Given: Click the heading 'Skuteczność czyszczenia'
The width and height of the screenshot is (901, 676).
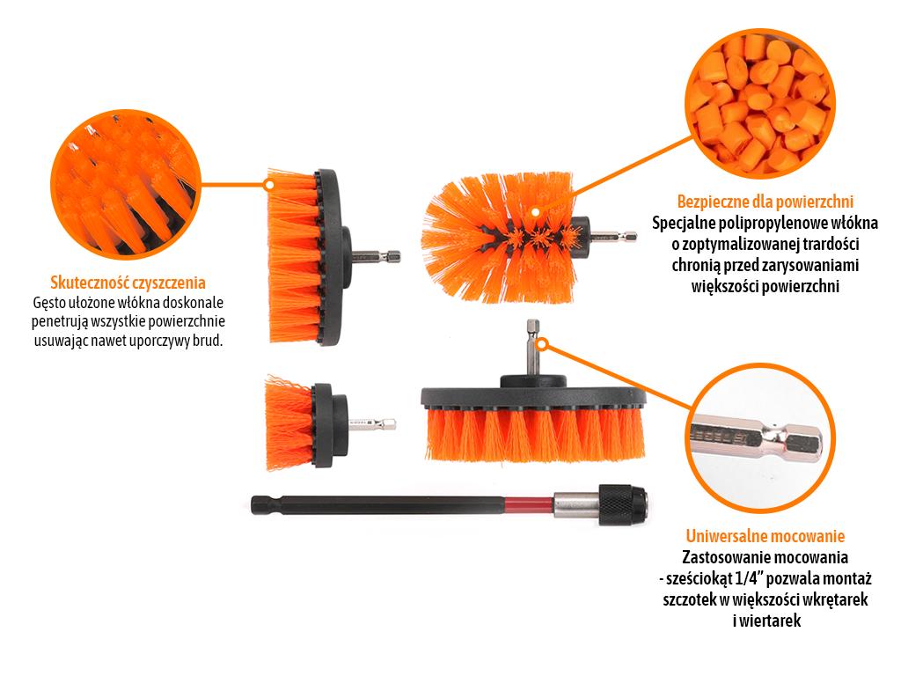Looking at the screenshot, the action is pyautogui.click(x=128, y=283).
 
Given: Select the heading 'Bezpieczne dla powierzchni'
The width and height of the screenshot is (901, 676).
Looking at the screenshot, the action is pyautogui.click(x=765, y=202).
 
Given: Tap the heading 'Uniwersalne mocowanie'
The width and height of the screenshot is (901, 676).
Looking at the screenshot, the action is pyautogui.click(x=765, y=536).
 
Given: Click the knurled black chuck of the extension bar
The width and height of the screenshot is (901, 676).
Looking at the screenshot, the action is pyautogui.click(x=623, y=504).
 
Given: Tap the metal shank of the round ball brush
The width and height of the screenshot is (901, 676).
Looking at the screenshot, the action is pyautogui.click(x=612, y=236).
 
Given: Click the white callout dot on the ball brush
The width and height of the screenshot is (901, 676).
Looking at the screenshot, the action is pyautogui.click(x=535, y=212).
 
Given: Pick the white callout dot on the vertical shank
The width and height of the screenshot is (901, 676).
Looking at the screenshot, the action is pyautogui.click(x=543, y=344).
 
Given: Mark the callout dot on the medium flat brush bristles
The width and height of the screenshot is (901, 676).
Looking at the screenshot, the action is pyautogui.click(x=269, y=185).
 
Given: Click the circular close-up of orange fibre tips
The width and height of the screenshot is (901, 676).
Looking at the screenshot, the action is pyautogui.click(x=759, y=104).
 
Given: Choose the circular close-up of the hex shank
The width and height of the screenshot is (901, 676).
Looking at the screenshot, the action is pyautogui.click(x=759, y=438).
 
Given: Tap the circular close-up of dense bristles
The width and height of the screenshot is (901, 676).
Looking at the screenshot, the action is pyautogui.click(x=127, y=184).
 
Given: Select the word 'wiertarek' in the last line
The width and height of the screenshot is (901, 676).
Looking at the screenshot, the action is pyautogui.click(x=770, y=621).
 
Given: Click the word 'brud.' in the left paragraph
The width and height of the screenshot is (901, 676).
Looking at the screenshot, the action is pyautogui.click(x=208, y=341).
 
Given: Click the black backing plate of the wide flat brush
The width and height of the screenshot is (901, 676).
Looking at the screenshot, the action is pyautogui.click(x=533, y=398).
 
